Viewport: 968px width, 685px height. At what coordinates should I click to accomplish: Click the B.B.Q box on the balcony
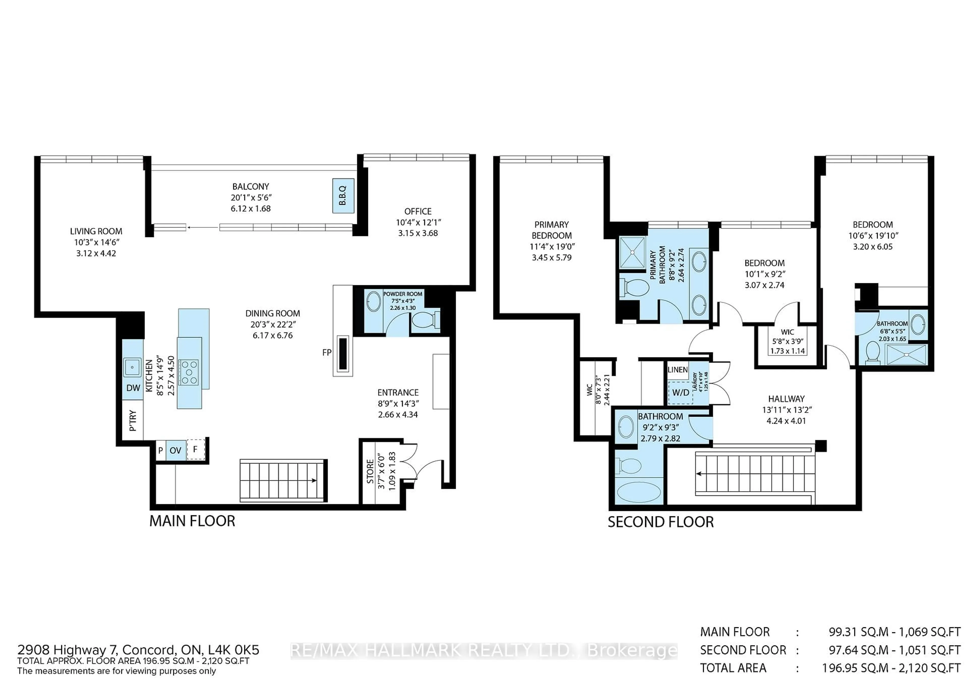coord(343,196)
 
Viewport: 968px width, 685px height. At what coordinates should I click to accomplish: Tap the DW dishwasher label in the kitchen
coord(133,388)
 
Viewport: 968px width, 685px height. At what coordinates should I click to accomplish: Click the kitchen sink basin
coord(132,367)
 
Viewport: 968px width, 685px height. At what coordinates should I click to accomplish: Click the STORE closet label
coord(370,472)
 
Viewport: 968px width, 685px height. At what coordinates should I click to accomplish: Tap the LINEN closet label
coord(678,369)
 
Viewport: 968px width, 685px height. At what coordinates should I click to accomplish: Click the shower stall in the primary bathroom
coord(632,253)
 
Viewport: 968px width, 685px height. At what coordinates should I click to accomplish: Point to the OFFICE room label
coord(418,211)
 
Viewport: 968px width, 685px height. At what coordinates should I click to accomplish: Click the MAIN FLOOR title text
coord(192,521)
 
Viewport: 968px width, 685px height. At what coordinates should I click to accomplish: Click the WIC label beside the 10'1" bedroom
coord(787,332)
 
